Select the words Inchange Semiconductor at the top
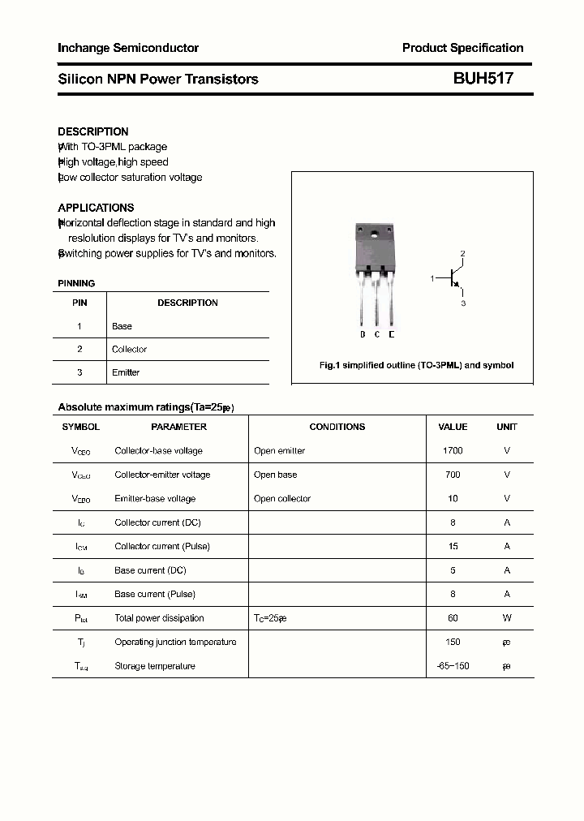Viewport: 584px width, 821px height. (128, 48)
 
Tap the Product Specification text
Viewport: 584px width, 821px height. (462, 48)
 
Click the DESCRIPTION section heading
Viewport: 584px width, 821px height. (93, 131)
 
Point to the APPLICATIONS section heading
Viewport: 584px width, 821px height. (96, 208)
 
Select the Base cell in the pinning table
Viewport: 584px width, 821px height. (122, 326)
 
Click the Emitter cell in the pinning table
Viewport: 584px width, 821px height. (126, 372)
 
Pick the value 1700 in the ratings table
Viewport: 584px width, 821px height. (453, 450)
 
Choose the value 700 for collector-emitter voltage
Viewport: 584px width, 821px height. (453, 475)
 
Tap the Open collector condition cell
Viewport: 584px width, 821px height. (282, 499)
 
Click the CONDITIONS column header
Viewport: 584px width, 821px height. (337, 427)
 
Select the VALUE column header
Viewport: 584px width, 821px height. (453, 427)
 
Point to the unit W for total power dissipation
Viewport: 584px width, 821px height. (507, 618)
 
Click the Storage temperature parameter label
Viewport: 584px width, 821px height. (155, 666)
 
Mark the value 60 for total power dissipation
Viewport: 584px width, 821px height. (453, 618)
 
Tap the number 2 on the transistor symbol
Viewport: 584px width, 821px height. (462, 254)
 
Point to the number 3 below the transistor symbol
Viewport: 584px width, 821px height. (462, 303)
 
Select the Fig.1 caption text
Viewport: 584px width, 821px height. (416, 366)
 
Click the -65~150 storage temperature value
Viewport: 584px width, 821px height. (453, 666)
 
